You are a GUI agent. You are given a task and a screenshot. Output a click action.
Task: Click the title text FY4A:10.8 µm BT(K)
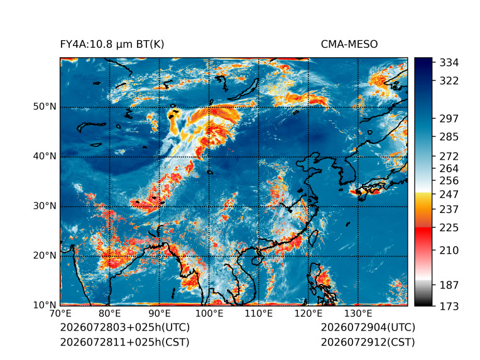[112, 45]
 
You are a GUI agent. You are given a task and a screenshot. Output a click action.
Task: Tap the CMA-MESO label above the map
[349, 45]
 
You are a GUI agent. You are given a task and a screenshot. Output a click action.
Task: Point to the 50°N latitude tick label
[45, 107]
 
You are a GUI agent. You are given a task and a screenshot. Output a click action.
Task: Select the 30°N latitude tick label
[45, 205]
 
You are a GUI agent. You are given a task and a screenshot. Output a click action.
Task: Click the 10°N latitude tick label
[45, 305]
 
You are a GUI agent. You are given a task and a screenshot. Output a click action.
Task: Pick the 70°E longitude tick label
[60, 314]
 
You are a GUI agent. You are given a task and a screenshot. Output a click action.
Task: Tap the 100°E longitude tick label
[209, 314]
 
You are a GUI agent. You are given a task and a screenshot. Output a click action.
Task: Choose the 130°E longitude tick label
[358, 314]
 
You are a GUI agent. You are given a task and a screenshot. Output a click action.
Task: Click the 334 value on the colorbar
[449, 63]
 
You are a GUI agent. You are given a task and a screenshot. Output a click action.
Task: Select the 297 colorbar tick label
[449, 119]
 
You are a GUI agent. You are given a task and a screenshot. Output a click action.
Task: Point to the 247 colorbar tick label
[449, 194]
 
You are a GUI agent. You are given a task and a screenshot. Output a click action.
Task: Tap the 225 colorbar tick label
[449, 228]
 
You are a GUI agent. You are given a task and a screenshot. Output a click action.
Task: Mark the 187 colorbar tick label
[449, 285]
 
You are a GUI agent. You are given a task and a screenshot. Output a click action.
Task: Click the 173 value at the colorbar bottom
[449, 306]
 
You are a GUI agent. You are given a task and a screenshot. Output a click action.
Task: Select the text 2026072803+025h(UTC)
[125, 327]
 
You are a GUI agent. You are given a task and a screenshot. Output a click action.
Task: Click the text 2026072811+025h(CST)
[125, 342]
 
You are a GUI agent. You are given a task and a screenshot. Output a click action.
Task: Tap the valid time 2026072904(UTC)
[368, 327]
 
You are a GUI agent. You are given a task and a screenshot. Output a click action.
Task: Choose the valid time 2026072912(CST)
[368, 342]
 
